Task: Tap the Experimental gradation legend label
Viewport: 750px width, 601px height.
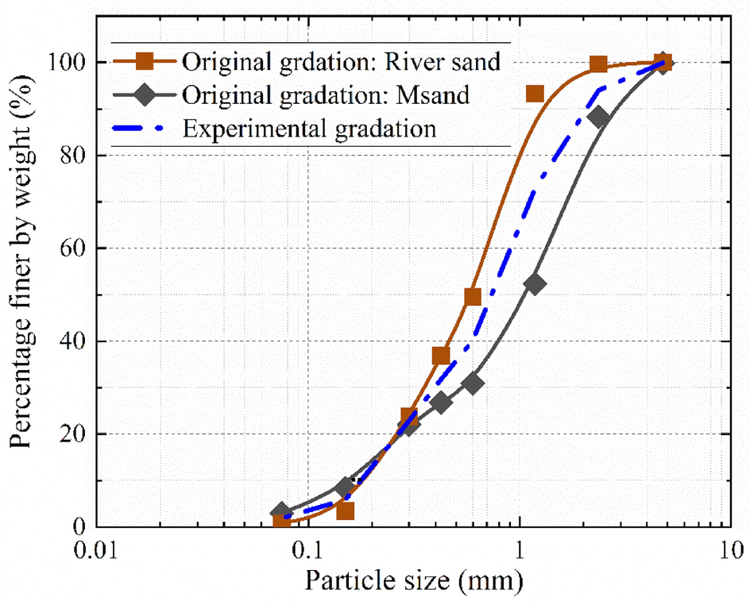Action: click(309, 128)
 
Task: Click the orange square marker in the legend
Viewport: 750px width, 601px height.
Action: click(145, 61)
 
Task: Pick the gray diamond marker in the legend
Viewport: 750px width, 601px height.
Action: click(145, 94)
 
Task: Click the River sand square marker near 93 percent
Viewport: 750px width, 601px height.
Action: click(535, 94)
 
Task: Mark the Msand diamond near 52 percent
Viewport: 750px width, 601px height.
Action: click(535, 283)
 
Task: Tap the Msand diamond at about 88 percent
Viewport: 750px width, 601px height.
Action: click(600, 118)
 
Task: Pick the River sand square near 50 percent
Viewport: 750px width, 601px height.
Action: click(473, 297)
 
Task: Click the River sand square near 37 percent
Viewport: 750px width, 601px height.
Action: click(442, 356)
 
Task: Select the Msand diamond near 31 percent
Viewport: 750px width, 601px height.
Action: click(474, 383)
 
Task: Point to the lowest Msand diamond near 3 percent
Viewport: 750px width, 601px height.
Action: click(280, 513)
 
